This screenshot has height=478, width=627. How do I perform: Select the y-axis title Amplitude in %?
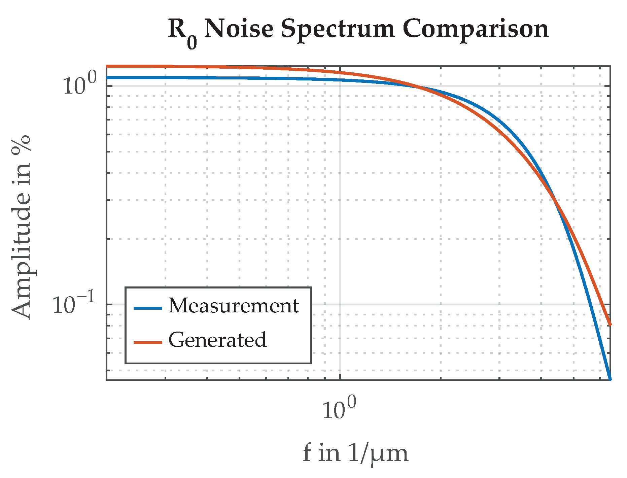pyautogui.click(x=21, y=227)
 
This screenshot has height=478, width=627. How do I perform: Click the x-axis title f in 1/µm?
pyautogui.click(x=355, y=453)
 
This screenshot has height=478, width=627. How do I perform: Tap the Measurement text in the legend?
pyautogui.click(x=233, y=306)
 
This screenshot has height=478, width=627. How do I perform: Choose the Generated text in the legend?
pyautogui.click(x=217, y=340)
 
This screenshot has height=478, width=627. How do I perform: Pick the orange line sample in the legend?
pyautogui.click(x=148, y=343)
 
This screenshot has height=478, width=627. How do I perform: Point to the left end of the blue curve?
pyautogui.click(x=107, y=77)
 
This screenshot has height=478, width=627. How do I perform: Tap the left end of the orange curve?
pyautogui.click(x=107, y=66)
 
